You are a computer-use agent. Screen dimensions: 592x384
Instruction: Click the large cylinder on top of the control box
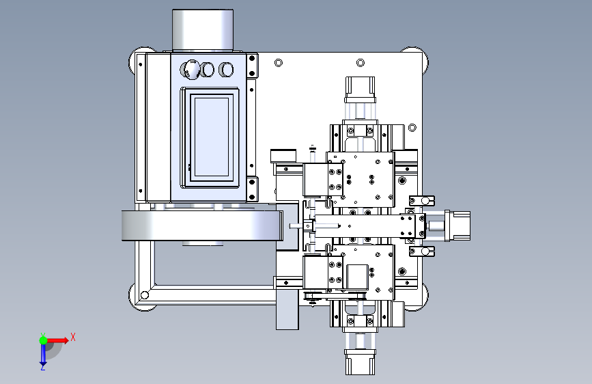203,29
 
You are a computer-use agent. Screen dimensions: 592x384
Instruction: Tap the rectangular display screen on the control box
212,137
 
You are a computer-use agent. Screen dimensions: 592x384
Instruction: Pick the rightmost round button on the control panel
226,70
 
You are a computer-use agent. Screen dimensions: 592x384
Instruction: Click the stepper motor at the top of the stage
360,90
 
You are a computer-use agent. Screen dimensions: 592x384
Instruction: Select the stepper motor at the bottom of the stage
360,361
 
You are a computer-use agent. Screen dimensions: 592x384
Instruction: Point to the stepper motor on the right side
457,225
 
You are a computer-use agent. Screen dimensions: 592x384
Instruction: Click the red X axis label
73,337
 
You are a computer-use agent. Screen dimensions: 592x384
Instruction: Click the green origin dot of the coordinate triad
43,340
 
